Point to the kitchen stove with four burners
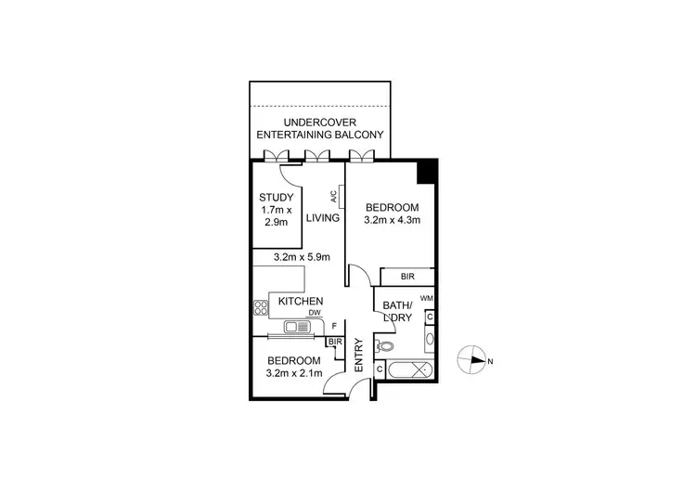pos(260,306)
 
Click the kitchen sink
pos(299,327)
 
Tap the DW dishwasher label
pos(315,314)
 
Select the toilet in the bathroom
pos(385,347)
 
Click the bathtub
pos(409,369)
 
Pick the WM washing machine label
pos(426,298)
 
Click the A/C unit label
pos(333,197)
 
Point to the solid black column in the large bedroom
pos(426,173)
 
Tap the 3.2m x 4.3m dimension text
pos(392,221)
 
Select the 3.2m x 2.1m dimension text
pos(294,373)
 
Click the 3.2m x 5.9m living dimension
pos(302,257)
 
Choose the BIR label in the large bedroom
pos(407,277)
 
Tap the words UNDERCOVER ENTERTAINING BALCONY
pos(320,128)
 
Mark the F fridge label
pos(333,327)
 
